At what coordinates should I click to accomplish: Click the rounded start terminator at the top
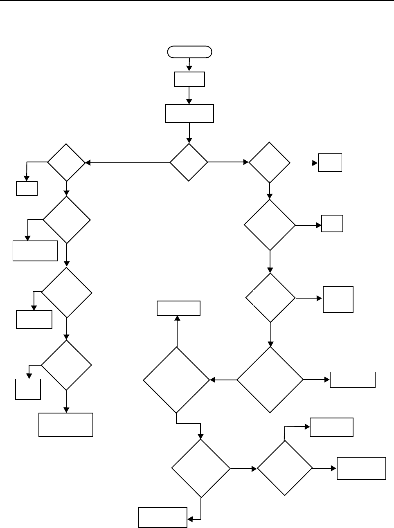click(x=189, y=52)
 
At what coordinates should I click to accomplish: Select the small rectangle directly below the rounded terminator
click(x=189, y=79)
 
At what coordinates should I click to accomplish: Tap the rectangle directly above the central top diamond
click(x=189, y=113)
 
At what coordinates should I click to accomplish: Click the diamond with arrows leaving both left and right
click(x=189, y=162)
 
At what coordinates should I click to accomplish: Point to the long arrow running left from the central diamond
click(x=127, y=163)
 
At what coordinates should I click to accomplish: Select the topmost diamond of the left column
click(x=66, y=162)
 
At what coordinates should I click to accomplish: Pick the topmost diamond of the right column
click(x=269, y=162)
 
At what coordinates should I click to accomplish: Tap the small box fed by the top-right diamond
click(x=330, y=162)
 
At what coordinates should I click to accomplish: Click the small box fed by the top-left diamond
click(x=27, y=188)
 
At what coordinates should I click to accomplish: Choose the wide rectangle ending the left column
click(x=66, y=425)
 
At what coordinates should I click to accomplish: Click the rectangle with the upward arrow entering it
click(x=178, y=308)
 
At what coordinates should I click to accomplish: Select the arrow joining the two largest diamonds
click(x=223, y=380)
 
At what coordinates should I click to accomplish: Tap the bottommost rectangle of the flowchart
click(x=162, y=517)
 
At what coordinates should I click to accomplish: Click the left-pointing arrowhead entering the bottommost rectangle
click(x=190, y=519)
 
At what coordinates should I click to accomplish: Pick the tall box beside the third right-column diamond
click(x=338, y=299)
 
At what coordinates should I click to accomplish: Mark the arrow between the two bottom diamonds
click(x=244, y=469)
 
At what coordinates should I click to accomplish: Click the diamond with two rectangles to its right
click(x=284, y=468)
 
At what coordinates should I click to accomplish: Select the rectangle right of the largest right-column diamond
click(x=352, y=380)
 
